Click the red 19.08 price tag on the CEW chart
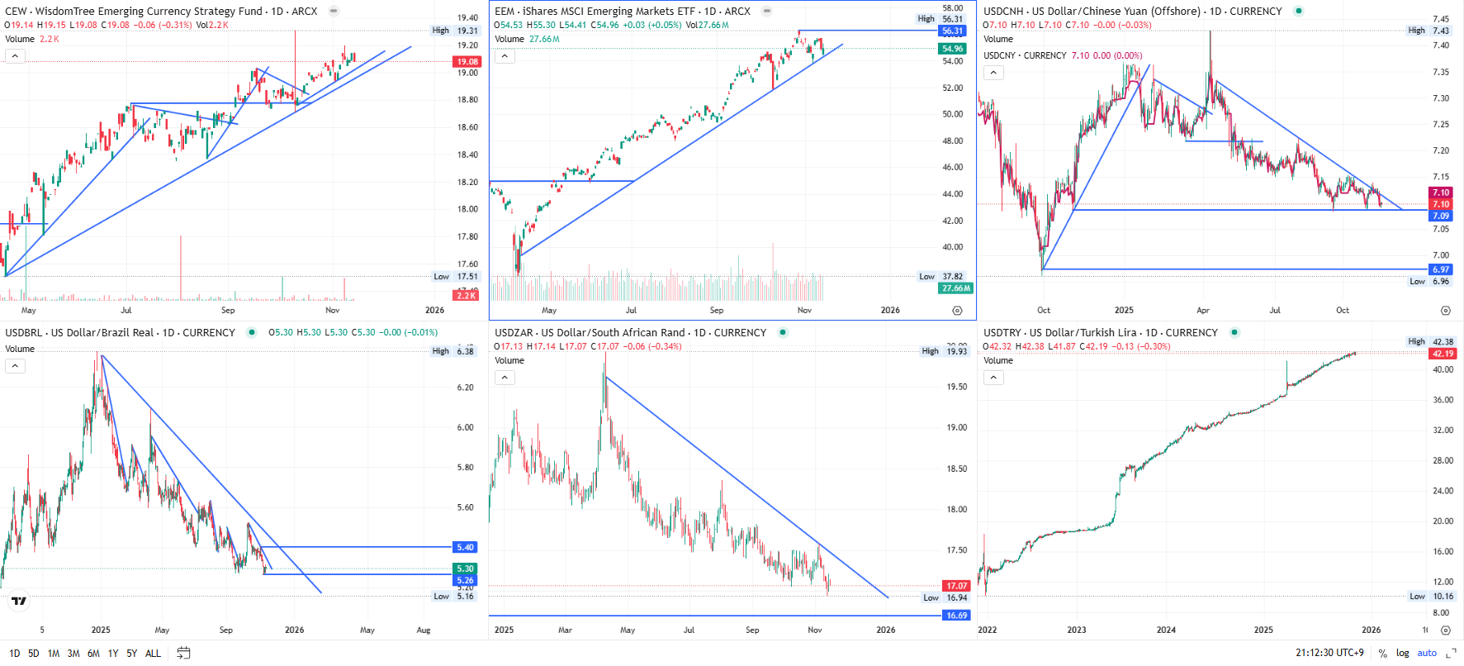467,62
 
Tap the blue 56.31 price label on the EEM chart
952,31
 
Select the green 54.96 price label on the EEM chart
952,49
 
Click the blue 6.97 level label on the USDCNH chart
1440,269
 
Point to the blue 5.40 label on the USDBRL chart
465,547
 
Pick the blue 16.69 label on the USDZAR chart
956,616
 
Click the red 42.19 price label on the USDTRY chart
1443,354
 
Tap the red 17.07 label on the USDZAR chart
956,586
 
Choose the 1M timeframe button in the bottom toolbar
54,654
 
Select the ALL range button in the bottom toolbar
153,654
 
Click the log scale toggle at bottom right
1402,654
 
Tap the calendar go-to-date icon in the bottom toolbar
183,654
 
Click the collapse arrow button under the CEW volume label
15,56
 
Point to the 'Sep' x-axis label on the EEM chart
717,311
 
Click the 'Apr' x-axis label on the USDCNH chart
1203,311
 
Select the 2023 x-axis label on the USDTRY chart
1077,630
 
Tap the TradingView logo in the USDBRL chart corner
19,601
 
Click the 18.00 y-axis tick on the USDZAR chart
957,510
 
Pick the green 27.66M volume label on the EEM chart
955,288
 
